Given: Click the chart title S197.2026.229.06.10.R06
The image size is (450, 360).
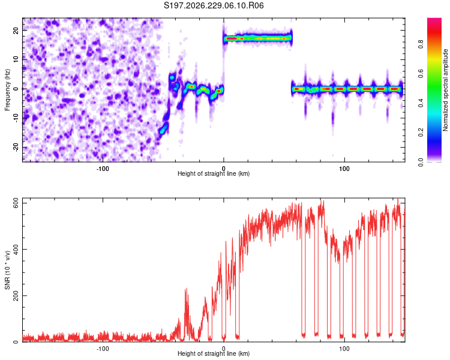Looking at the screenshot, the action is pyautogui.click(x=214, y=5).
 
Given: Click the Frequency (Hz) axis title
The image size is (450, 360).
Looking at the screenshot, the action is pyautogui.click(x=7, y=90).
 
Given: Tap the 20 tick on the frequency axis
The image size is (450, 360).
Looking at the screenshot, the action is pyautogui.click(x=16, y=31).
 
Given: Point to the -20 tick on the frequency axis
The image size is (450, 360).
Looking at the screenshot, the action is pyautogui.click(x=16, y=148).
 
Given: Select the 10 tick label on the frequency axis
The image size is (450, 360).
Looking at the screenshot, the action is pyautogui.click(x=16, y=60).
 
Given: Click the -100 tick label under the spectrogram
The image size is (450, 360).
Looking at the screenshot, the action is pyautogui.click(x=103, y=169).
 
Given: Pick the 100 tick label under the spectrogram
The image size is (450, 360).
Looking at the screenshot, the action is pyautogui.click(x=344, y=169).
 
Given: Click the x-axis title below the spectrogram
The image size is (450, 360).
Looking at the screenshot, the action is pyautogui.click(x=214, y=173).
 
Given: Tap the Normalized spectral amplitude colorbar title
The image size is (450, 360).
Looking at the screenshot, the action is pyautogui.click(x=445, y=90).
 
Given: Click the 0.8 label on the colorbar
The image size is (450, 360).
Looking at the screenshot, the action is pyautogui.click(x=421, y=44).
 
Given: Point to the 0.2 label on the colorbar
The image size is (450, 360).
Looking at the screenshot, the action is pyautogui.click(x=421, y=133).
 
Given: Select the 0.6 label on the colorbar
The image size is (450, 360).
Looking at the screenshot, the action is pyautogui.click(x=421, y=73).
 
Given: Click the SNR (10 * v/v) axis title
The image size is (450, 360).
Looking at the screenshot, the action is pyautogui.click(x=7, y=270).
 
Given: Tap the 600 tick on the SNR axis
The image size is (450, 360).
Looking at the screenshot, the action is pyautogui.click(x=16, y=203).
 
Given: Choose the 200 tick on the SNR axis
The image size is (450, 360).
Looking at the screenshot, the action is pyautogui.click(x=16, y=295).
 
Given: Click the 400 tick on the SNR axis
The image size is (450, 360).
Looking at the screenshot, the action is pyautogui.click(x=16, y=249).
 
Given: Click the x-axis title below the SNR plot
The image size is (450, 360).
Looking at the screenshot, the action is pyautogui.click(x=214, y=353).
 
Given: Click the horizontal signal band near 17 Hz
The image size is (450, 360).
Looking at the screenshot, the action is pyautogui.click(x=258, y=38).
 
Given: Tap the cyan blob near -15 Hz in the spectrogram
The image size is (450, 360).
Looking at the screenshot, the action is pyautogui.click(x=163, y=130).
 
